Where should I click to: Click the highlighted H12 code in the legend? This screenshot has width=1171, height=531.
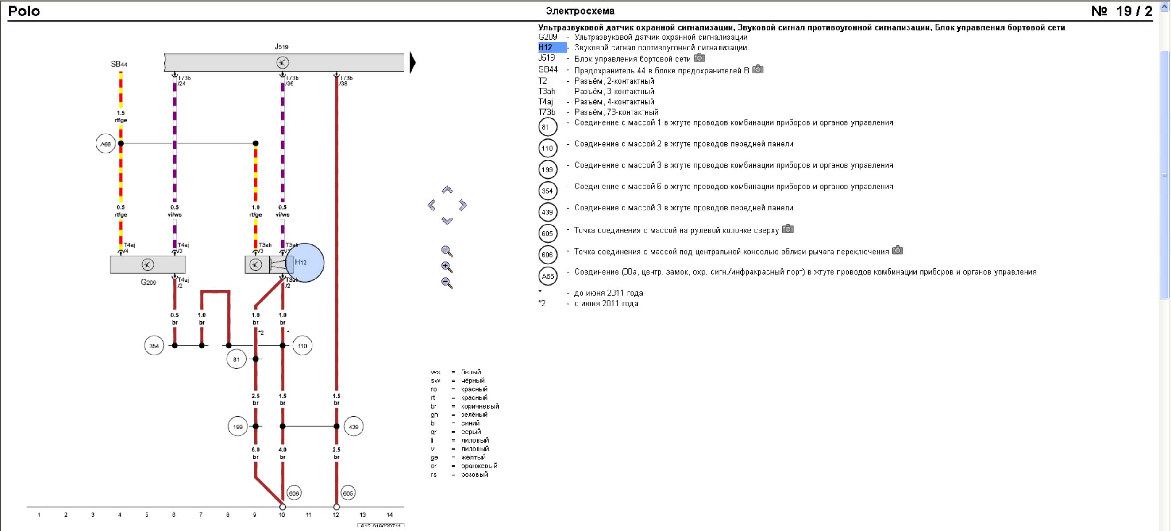[546, 48]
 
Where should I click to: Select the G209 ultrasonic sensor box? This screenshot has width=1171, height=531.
[148, 265]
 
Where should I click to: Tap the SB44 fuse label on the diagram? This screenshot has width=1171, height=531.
[119, 64]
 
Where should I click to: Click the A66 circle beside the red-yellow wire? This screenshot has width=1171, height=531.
[105, 144]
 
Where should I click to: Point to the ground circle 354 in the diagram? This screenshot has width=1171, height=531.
[154, 346]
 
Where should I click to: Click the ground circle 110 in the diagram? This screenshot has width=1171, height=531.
[302, 346]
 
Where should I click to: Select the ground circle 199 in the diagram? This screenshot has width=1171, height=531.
[237, 427]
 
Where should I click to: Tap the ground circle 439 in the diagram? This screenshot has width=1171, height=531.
[353, 427]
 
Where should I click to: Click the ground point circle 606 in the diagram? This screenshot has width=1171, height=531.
[294, 493]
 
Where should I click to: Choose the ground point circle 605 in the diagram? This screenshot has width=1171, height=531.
[348, 493]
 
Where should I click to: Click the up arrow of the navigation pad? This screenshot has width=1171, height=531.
[447, 190]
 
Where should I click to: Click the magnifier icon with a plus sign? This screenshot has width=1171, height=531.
[447, 267]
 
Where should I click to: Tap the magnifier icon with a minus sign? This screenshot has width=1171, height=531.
[447, 283]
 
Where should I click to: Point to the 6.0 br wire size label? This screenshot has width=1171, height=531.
[255, 453]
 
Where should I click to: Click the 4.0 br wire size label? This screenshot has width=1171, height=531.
[282, 453]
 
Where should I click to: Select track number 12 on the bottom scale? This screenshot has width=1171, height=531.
[335, 515]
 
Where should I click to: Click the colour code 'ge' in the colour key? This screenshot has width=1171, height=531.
[435, 458]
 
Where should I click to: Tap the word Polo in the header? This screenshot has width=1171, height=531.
[24, 11]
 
